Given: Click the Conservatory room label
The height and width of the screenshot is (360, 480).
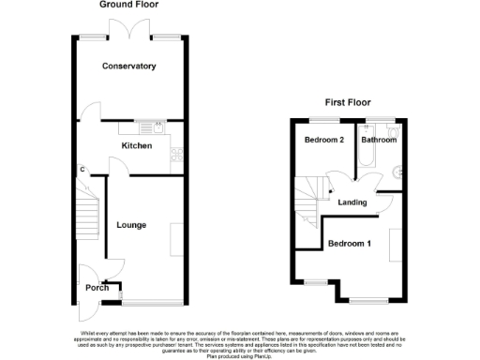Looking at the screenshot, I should (x=129, y=67).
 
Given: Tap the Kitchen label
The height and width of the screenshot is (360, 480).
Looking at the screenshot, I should (x=137, y=146).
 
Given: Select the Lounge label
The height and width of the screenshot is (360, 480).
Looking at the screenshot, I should (x=131, y=225).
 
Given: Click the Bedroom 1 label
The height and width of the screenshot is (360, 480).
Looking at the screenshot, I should (x=349, y=245).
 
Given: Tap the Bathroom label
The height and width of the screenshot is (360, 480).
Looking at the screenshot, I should (x=379, y=140).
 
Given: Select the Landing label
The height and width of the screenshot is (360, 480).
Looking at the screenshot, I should (x=352, y=202).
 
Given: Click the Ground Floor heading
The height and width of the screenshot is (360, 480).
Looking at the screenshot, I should (x=127, y=6).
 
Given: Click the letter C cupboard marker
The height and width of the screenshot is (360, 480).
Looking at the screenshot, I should (x=82, y=169).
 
